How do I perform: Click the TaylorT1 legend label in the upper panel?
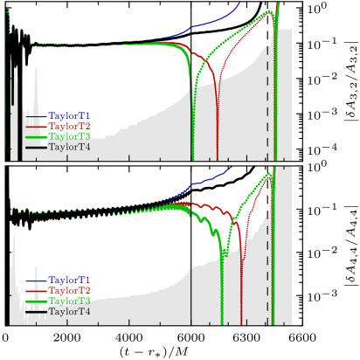coord(69,115)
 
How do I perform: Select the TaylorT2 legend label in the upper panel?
coord(69,126)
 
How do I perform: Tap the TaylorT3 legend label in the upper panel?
coord(69,136)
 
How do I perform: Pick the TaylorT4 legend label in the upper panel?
coord(69,147)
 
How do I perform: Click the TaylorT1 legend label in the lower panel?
coord(69,280)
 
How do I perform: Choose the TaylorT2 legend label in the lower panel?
coord(69,290)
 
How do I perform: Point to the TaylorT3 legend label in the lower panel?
coord(69,301)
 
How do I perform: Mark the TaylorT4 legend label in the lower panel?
coord(69,311)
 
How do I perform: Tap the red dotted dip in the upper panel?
coord(218,131)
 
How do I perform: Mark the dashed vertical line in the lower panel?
coord(267,262)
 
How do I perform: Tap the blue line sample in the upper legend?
coord(36,116)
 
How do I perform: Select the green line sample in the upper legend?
coord(36,137)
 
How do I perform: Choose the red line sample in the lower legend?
coord(36,291)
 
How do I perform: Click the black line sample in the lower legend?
coord(36,312)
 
